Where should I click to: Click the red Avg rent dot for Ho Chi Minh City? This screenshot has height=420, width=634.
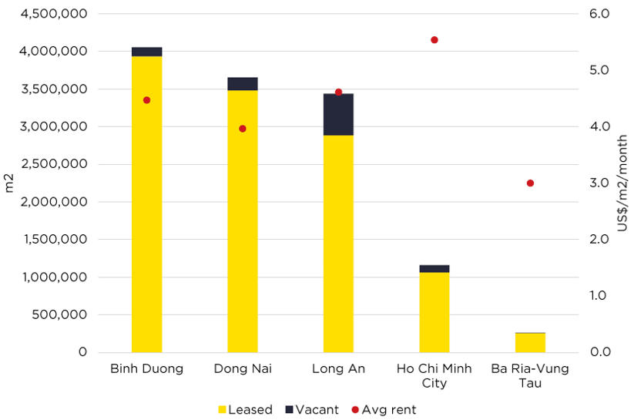tap(434, 40)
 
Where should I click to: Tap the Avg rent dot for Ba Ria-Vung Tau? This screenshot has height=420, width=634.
tap(530, 183)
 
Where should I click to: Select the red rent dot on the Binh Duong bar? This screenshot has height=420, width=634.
tap(146, 100)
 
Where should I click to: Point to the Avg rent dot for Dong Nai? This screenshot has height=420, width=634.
tap(243, 129)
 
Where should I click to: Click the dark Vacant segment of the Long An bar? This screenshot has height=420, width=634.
tap(338, 116)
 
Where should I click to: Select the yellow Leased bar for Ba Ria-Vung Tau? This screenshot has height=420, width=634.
tap(530, 343)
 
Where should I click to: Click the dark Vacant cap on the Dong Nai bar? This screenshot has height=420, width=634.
tap(243, 84)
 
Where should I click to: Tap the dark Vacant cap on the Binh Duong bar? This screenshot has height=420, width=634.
tap(146, 52)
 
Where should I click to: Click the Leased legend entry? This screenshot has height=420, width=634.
tap(245, 410)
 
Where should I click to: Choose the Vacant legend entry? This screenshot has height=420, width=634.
tap(311, 410)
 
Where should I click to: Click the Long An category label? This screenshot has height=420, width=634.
tap(338, 368)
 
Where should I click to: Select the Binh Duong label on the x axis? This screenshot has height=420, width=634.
tap(146, 368)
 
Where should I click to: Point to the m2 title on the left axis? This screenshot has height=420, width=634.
tap(10, 183)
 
